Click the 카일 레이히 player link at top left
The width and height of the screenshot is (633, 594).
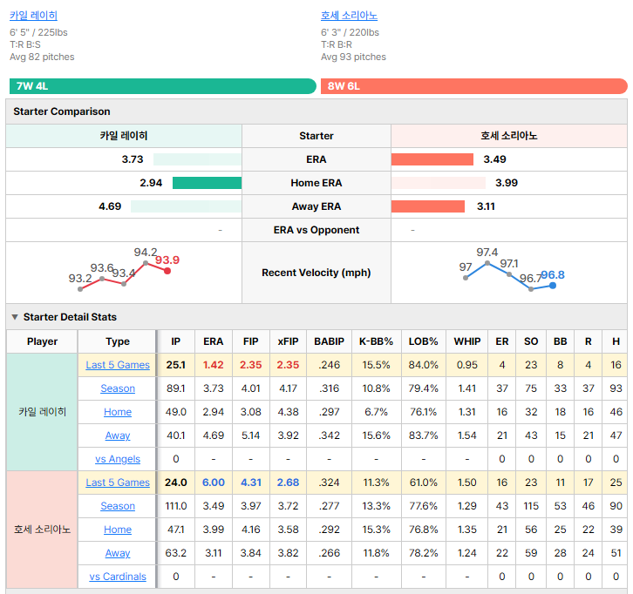33,16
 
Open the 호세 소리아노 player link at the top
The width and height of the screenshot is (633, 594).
350,16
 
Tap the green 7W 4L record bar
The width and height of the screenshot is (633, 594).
163,86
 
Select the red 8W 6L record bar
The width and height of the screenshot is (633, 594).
474,86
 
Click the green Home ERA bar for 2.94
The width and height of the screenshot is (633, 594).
208,183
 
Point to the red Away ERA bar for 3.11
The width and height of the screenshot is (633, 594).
428,206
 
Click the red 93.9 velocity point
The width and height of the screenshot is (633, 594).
167,271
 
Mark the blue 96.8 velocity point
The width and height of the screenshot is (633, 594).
553,286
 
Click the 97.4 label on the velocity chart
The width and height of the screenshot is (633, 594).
487,253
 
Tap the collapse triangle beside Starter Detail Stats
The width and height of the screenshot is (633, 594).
15,317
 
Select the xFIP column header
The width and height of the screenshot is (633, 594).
288,341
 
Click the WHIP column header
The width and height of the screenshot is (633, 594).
467,341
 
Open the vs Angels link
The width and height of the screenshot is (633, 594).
118,459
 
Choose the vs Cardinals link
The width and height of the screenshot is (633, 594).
118,577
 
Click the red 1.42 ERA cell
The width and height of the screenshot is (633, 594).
213,365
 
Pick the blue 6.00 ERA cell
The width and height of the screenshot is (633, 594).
213,483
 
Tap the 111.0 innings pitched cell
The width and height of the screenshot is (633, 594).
175,506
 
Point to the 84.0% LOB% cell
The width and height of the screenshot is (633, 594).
423,365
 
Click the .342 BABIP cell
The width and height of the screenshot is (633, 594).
329,435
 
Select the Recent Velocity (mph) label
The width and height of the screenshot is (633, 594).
316,273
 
